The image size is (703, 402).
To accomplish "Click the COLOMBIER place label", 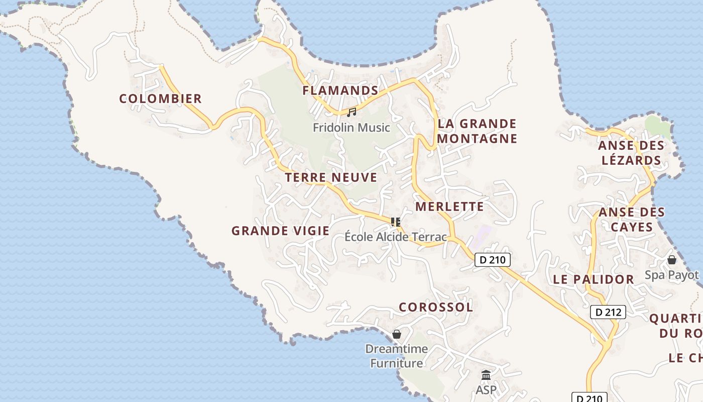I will [160, 98].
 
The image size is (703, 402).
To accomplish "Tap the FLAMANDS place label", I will [340, 90].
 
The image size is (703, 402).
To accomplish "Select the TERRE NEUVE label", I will [331, 177].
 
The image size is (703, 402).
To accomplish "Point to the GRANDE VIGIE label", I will [280, 231].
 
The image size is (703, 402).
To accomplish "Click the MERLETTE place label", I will [449, 207].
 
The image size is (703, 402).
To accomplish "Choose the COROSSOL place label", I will [436, 307].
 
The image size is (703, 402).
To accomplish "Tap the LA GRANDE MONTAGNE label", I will [477, 131].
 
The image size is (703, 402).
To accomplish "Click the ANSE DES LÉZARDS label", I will [631, 153].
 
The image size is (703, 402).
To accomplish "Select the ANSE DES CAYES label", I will [631, 220].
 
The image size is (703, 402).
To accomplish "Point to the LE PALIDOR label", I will [593, 279].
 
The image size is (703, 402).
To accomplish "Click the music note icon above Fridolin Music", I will [351, 112].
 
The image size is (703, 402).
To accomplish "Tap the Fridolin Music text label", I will [351, 128].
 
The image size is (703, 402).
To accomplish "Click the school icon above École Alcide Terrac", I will [396, 222].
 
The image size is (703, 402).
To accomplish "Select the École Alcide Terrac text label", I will [396, 236].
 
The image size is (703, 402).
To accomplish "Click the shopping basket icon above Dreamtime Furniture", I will [397, 334].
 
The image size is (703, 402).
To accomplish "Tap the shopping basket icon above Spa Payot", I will [671, 260].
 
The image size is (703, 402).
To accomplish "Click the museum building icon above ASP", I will [486, 375].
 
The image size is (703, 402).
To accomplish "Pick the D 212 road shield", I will [608, 312].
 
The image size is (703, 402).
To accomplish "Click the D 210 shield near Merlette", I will [492, 260].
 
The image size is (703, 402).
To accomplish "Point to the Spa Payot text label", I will [671, 275].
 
